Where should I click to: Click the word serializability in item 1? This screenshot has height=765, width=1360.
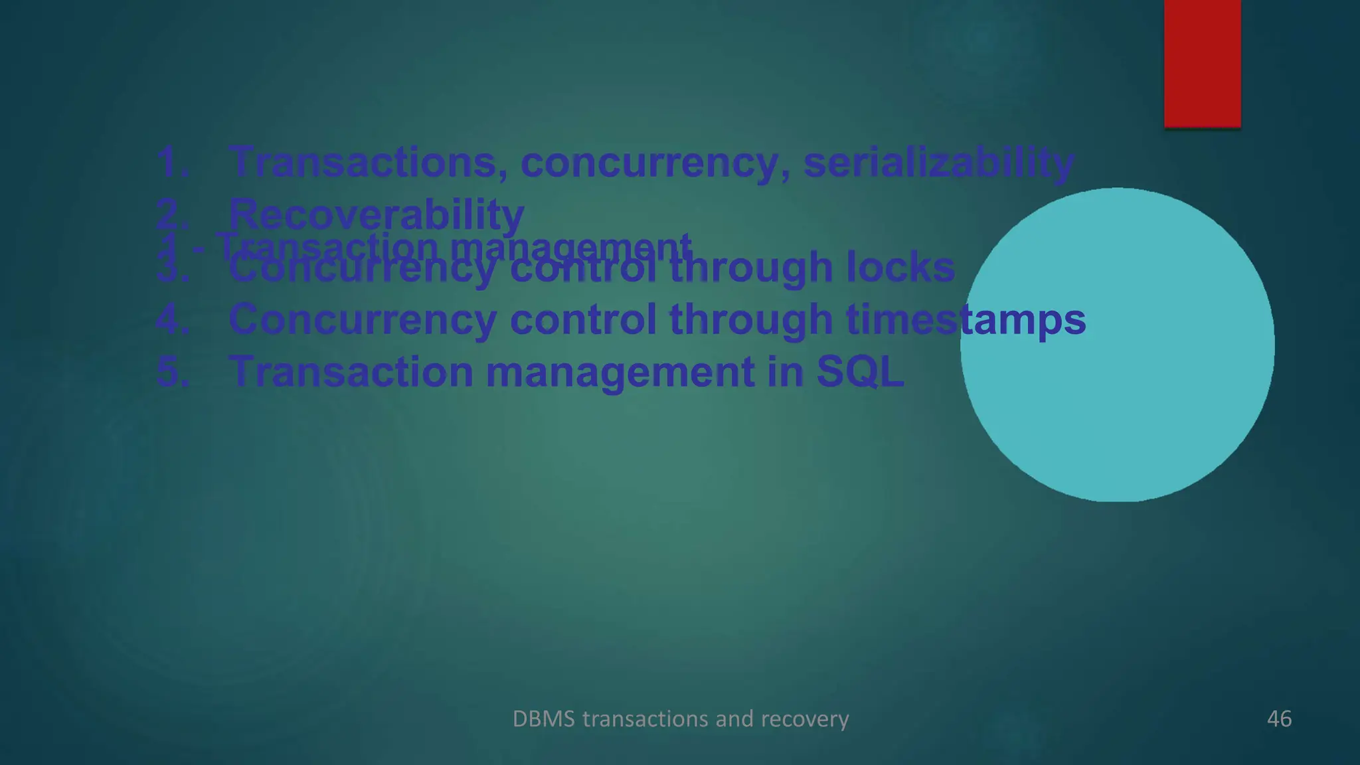click(938, 162)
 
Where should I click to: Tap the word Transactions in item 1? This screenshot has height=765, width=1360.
click(363, 162)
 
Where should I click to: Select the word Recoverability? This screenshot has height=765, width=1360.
click(376, 214)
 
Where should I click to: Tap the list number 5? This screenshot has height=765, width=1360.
click(172, 371)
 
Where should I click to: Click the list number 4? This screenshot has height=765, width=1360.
click(172, 319)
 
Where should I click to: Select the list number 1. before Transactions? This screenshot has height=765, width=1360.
click(172, 162)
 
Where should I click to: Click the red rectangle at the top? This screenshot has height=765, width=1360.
click(1202, 63)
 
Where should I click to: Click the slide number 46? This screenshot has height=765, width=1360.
click(1279, 719)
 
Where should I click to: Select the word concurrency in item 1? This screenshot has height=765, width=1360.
click(648, 162)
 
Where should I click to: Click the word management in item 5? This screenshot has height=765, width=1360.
click(620, 371)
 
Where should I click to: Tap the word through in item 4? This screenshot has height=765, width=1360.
click(750, 319)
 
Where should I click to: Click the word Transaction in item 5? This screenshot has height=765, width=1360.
click(351, 371)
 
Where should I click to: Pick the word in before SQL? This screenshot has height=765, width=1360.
click(784, 371)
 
